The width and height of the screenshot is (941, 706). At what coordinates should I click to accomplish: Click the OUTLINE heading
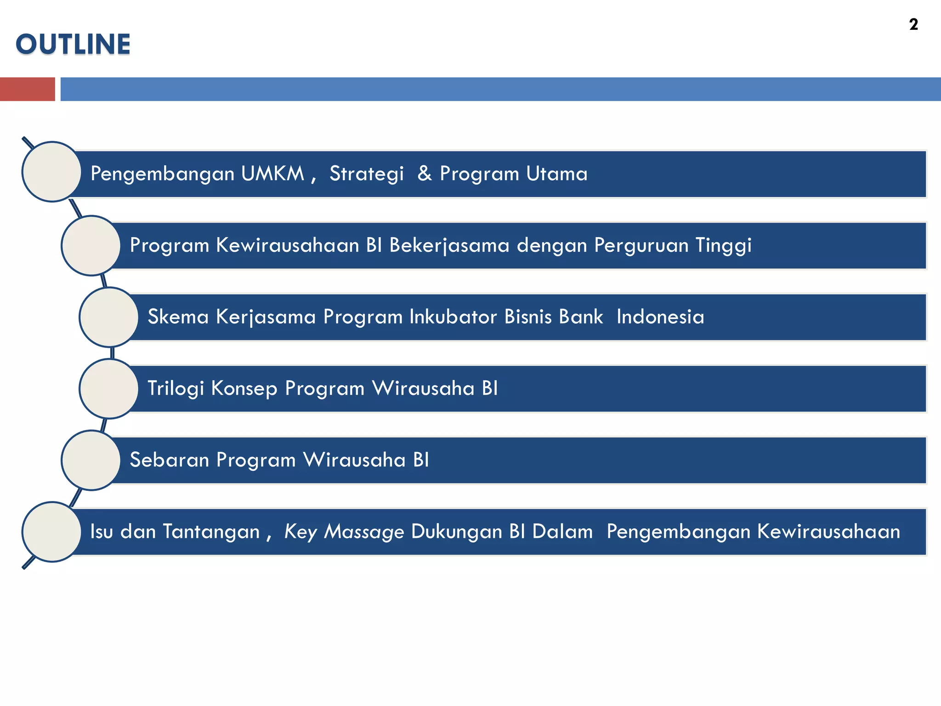(73, 44)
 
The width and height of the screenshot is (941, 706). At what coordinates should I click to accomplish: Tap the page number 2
(913, 24)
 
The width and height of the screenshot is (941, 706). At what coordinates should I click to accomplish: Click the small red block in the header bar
(27, 89)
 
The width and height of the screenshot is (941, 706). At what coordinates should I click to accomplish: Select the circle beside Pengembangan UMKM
(52, 172)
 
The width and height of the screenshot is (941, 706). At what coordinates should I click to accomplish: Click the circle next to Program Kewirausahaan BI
(91, 245)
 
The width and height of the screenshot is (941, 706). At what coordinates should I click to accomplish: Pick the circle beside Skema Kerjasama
(109, 317)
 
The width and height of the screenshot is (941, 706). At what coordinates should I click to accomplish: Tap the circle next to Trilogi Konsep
(109, 389)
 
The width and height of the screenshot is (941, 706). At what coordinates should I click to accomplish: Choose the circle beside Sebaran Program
(91, 460)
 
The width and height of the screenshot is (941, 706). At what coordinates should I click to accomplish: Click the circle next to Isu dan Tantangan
(52, 532)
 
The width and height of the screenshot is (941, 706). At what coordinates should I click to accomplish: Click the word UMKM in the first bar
(272, 174)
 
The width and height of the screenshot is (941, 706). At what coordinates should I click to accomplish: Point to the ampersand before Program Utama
(424, 174)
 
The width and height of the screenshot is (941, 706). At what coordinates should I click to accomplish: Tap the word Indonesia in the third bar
(660, 317)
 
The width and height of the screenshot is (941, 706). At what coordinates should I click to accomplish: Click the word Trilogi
(176, 389)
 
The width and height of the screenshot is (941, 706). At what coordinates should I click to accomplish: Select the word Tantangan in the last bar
(211, 532)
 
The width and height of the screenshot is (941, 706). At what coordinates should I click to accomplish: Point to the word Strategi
(366, 174)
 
